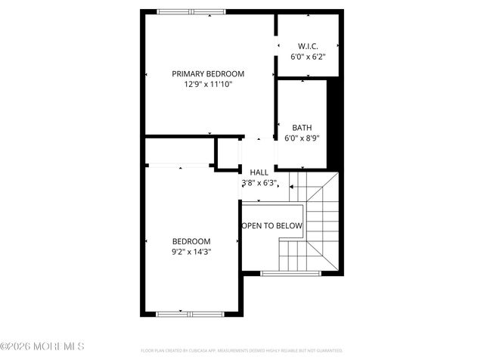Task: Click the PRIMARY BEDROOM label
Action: [208, 73]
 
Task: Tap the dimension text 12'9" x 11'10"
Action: [208, 84]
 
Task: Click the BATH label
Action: [302, 128]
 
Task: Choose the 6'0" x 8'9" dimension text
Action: [302, 138]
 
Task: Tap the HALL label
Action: [259, 172]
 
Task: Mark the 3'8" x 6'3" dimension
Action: [259, 183]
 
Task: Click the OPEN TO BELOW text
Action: [271, 226]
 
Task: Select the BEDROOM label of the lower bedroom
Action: [191, 241]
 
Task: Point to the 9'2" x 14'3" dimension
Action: [191, 252]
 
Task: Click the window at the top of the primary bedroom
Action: [191, 11]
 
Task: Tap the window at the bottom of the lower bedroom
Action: [191, 313]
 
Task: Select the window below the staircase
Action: [290, 272]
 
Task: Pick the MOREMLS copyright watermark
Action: [43, 346]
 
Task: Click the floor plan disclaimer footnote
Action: [242, 351]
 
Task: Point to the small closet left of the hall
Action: [228, 154]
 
